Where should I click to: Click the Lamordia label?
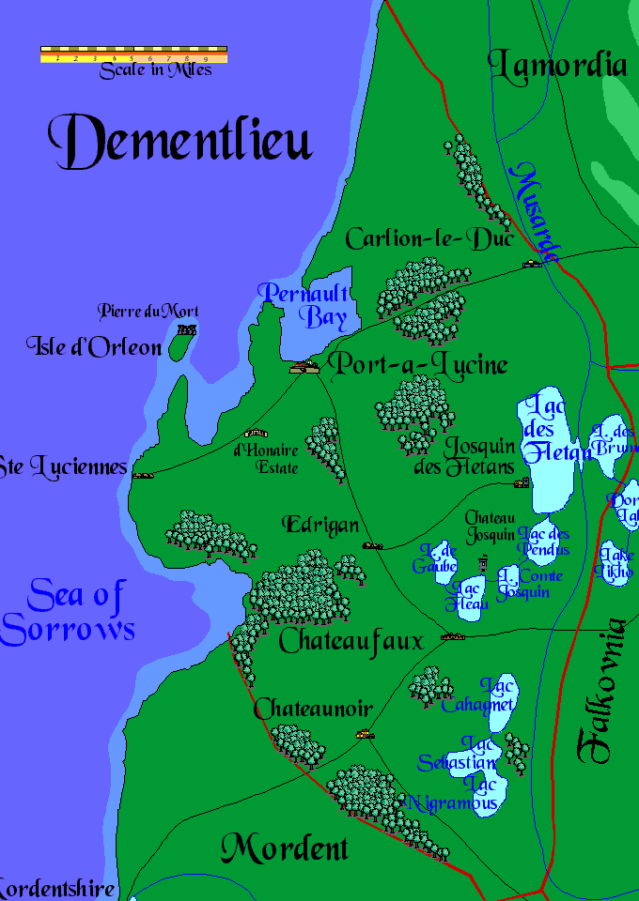pyautogui.click(x=557, y=65)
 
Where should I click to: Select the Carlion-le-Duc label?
pyautogui.click(x=429, y=239)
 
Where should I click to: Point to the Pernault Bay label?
pyautogui.click(x=307, y=304)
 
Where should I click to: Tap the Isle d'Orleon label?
pyautogui.click(x=94, y=347)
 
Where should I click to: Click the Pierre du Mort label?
pyautogui.click(x=148, y=311)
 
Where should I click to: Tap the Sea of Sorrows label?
pyautogui.click(x=68, y=611)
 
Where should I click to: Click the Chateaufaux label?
pyautogui.click(x=351, y=642)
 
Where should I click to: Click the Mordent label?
pyautogui.click(x=284, y=849)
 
